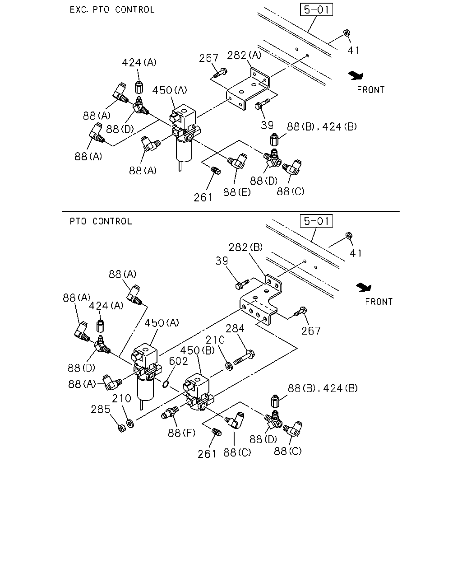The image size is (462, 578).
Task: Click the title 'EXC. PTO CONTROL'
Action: click(112, 9)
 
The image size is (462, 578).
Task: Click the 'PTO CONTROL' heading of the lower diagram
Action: click(101, 221)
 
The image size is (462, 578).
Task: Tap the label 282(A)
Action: click(244, 56)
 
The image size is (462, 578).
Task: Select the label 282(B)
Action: click(245, 247)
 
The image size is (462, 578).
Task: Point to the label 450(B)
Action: click(197, 350)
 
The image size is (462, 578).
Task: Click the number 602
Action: click(178, 361)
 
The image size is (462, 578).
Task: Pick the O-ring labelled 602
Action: click(166, 384)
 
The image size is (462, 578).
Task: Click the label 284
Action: click(235, 328)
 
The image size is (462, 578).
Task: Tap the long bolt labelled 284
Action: click(244, 358)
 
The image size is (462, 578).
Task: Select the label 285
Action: click(101, 409)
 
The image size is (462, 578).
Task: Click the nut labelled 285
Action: click(122, 428)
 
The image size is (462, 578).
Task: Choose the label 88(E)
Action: click(237, 192)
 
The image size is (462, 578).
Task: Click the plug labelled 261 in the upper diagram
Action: click(216, 171)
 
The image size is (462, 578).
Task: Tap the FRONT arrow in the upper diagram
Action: click(356, 76)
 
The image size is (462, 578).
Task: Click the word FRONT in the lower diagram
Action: click(379, 302)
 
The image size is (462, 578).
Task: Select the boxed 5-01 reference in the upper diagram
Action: click(316, 9)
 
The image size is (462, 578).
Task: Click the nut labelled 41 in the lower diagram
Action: click(349, 236)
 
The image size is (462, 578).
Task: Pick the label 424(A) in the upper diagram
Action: click(139, 63)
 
